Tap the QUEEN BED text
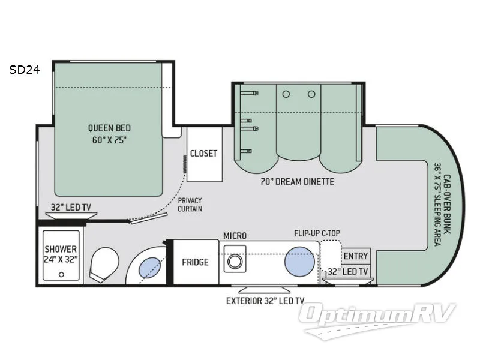[x=109, y=133]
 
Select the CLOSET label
[x=203, y=154]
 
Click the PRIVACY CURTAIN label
[x=190, y=205]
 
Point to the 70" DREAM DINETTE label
[x=298, y=181]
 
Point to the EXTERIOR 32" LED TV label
[x=261, y=301]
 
